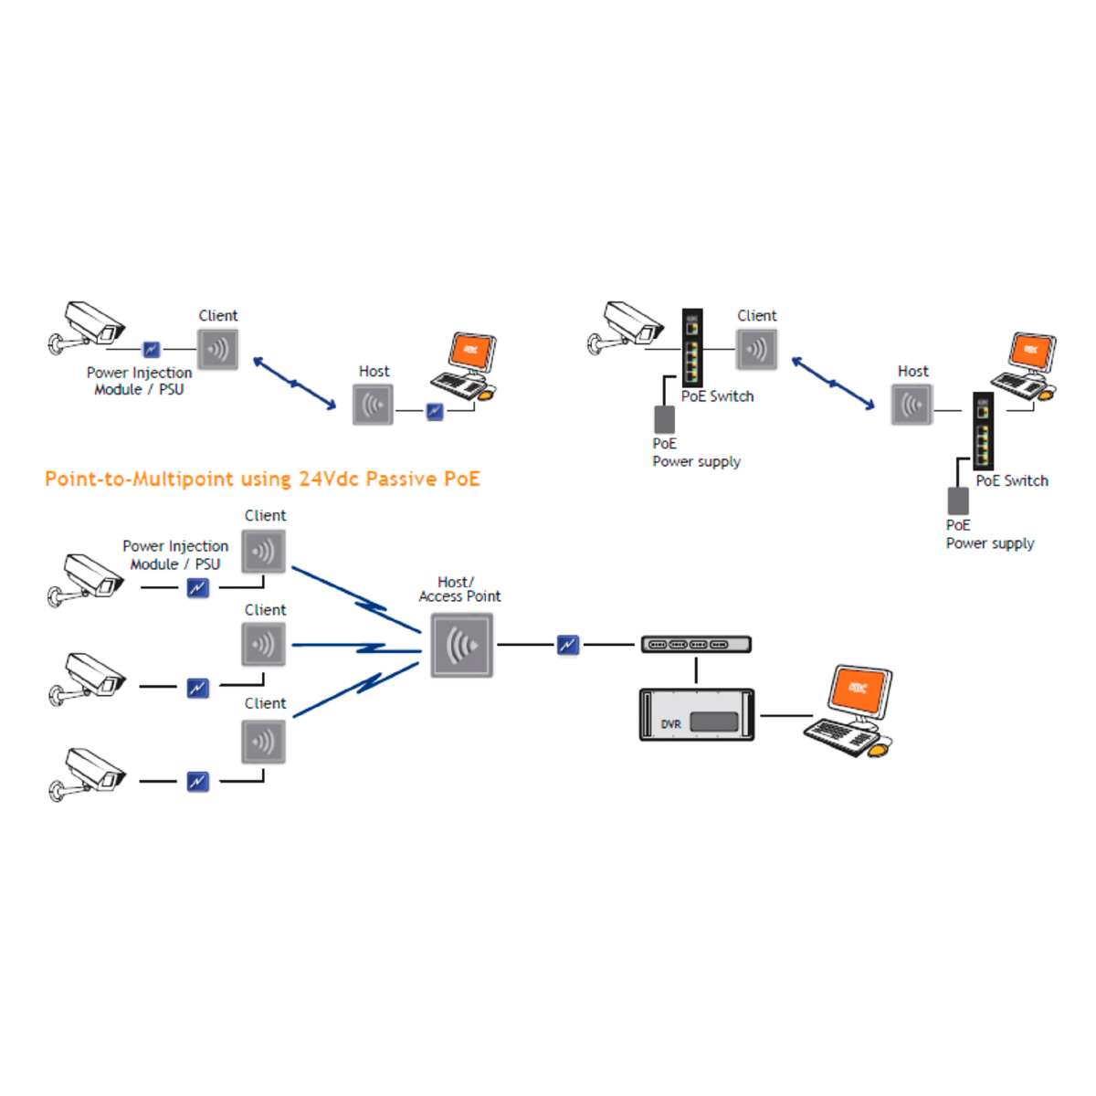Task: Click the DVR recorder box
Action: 697,714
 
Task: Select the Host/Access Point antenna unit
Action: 462,646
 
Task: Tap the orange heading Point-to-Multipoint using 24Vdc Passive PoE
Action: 262,479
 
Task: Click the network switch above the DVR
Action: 696,645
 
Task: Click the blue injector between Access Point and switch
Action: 568,645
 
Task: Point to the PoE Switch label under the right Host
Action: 1012,480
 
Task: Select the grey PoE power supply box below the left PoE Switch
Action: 665,419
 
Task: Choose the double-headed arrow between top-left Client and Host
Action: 294,384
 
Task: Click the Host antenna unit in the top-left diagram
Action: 373,405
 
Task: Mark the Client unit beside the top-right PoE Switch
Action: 757,349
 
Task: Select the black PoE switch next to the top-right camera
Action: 692,347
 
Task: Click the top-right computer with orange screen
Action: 1025,367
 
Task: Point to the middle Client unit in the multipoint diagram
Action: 264,644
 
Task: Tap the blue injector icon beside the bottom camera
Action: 197,782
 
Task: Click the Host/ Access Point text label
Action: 458,589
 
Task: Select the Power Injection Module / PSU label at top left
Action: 139,381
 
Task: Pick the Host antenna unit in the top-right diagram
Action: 912,405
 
